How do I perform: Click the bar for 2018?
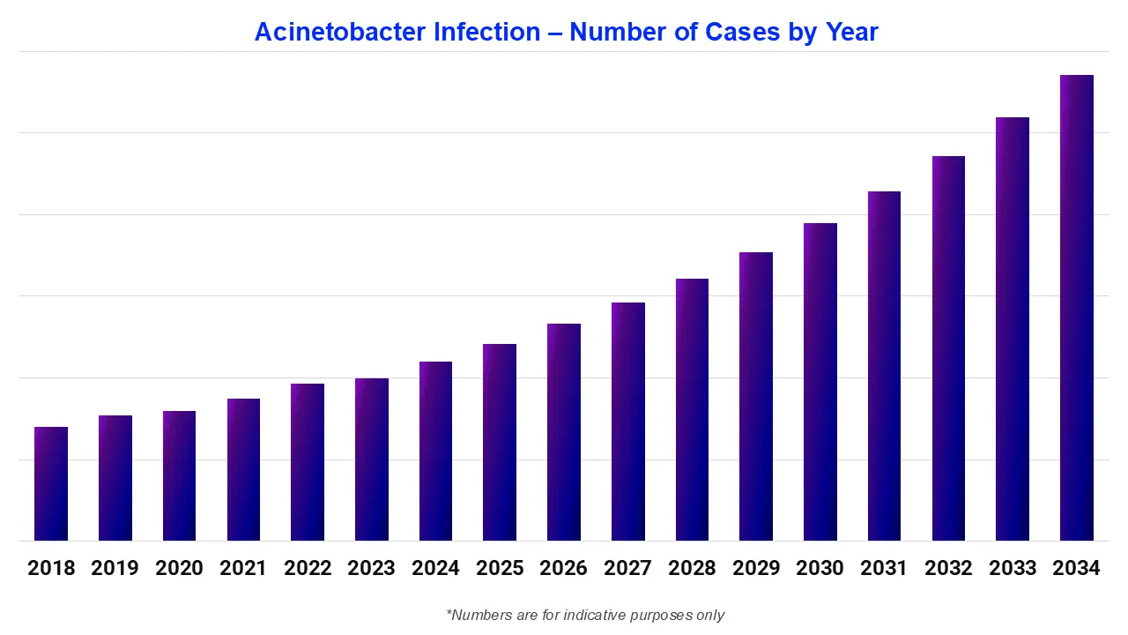point(51,483)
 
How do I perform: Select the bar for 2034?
point(1076,309)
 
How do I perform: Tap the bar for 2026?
point(564,432)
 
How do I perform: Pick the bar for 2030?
point(820,382)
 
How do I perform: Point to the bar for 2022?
point(308,462)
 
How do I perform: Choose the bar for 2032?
point(948,348)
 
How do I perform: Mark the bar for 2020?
point(179,476)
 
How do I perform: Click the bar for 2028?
point(692,410)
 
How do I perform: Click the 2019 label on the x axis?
point(115,569)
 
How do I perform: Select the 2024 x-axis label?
point(435,569)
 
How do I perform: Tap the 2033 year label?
point(1013,569)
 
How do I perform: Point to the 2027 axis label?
point(627,569)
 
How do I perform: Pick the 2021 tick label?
point(243,569)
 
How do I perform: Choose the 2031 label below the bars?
point(884,569)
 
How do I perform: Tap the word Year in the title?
point(851,33)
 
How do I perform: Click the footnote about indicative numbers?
point(585,615)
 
